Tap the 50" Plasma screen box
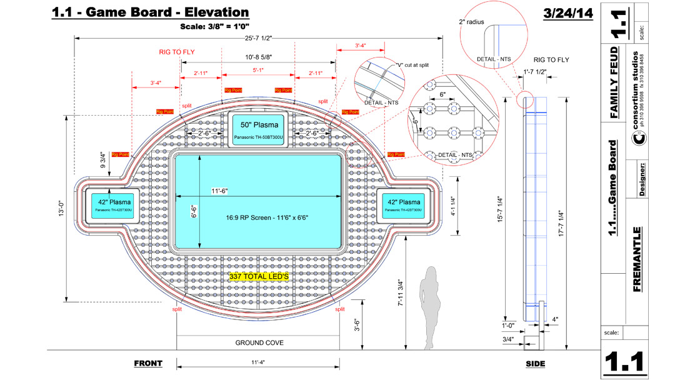(259, 129)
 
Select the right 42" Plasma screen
(403, 206)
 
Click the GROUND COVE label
(259, 342)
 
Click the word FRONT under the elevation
(148, 363)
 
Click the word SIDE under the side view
(535, 364)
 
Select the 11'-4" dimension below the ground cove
(259, 362)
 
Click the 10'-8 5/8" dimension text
(258, 57)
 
